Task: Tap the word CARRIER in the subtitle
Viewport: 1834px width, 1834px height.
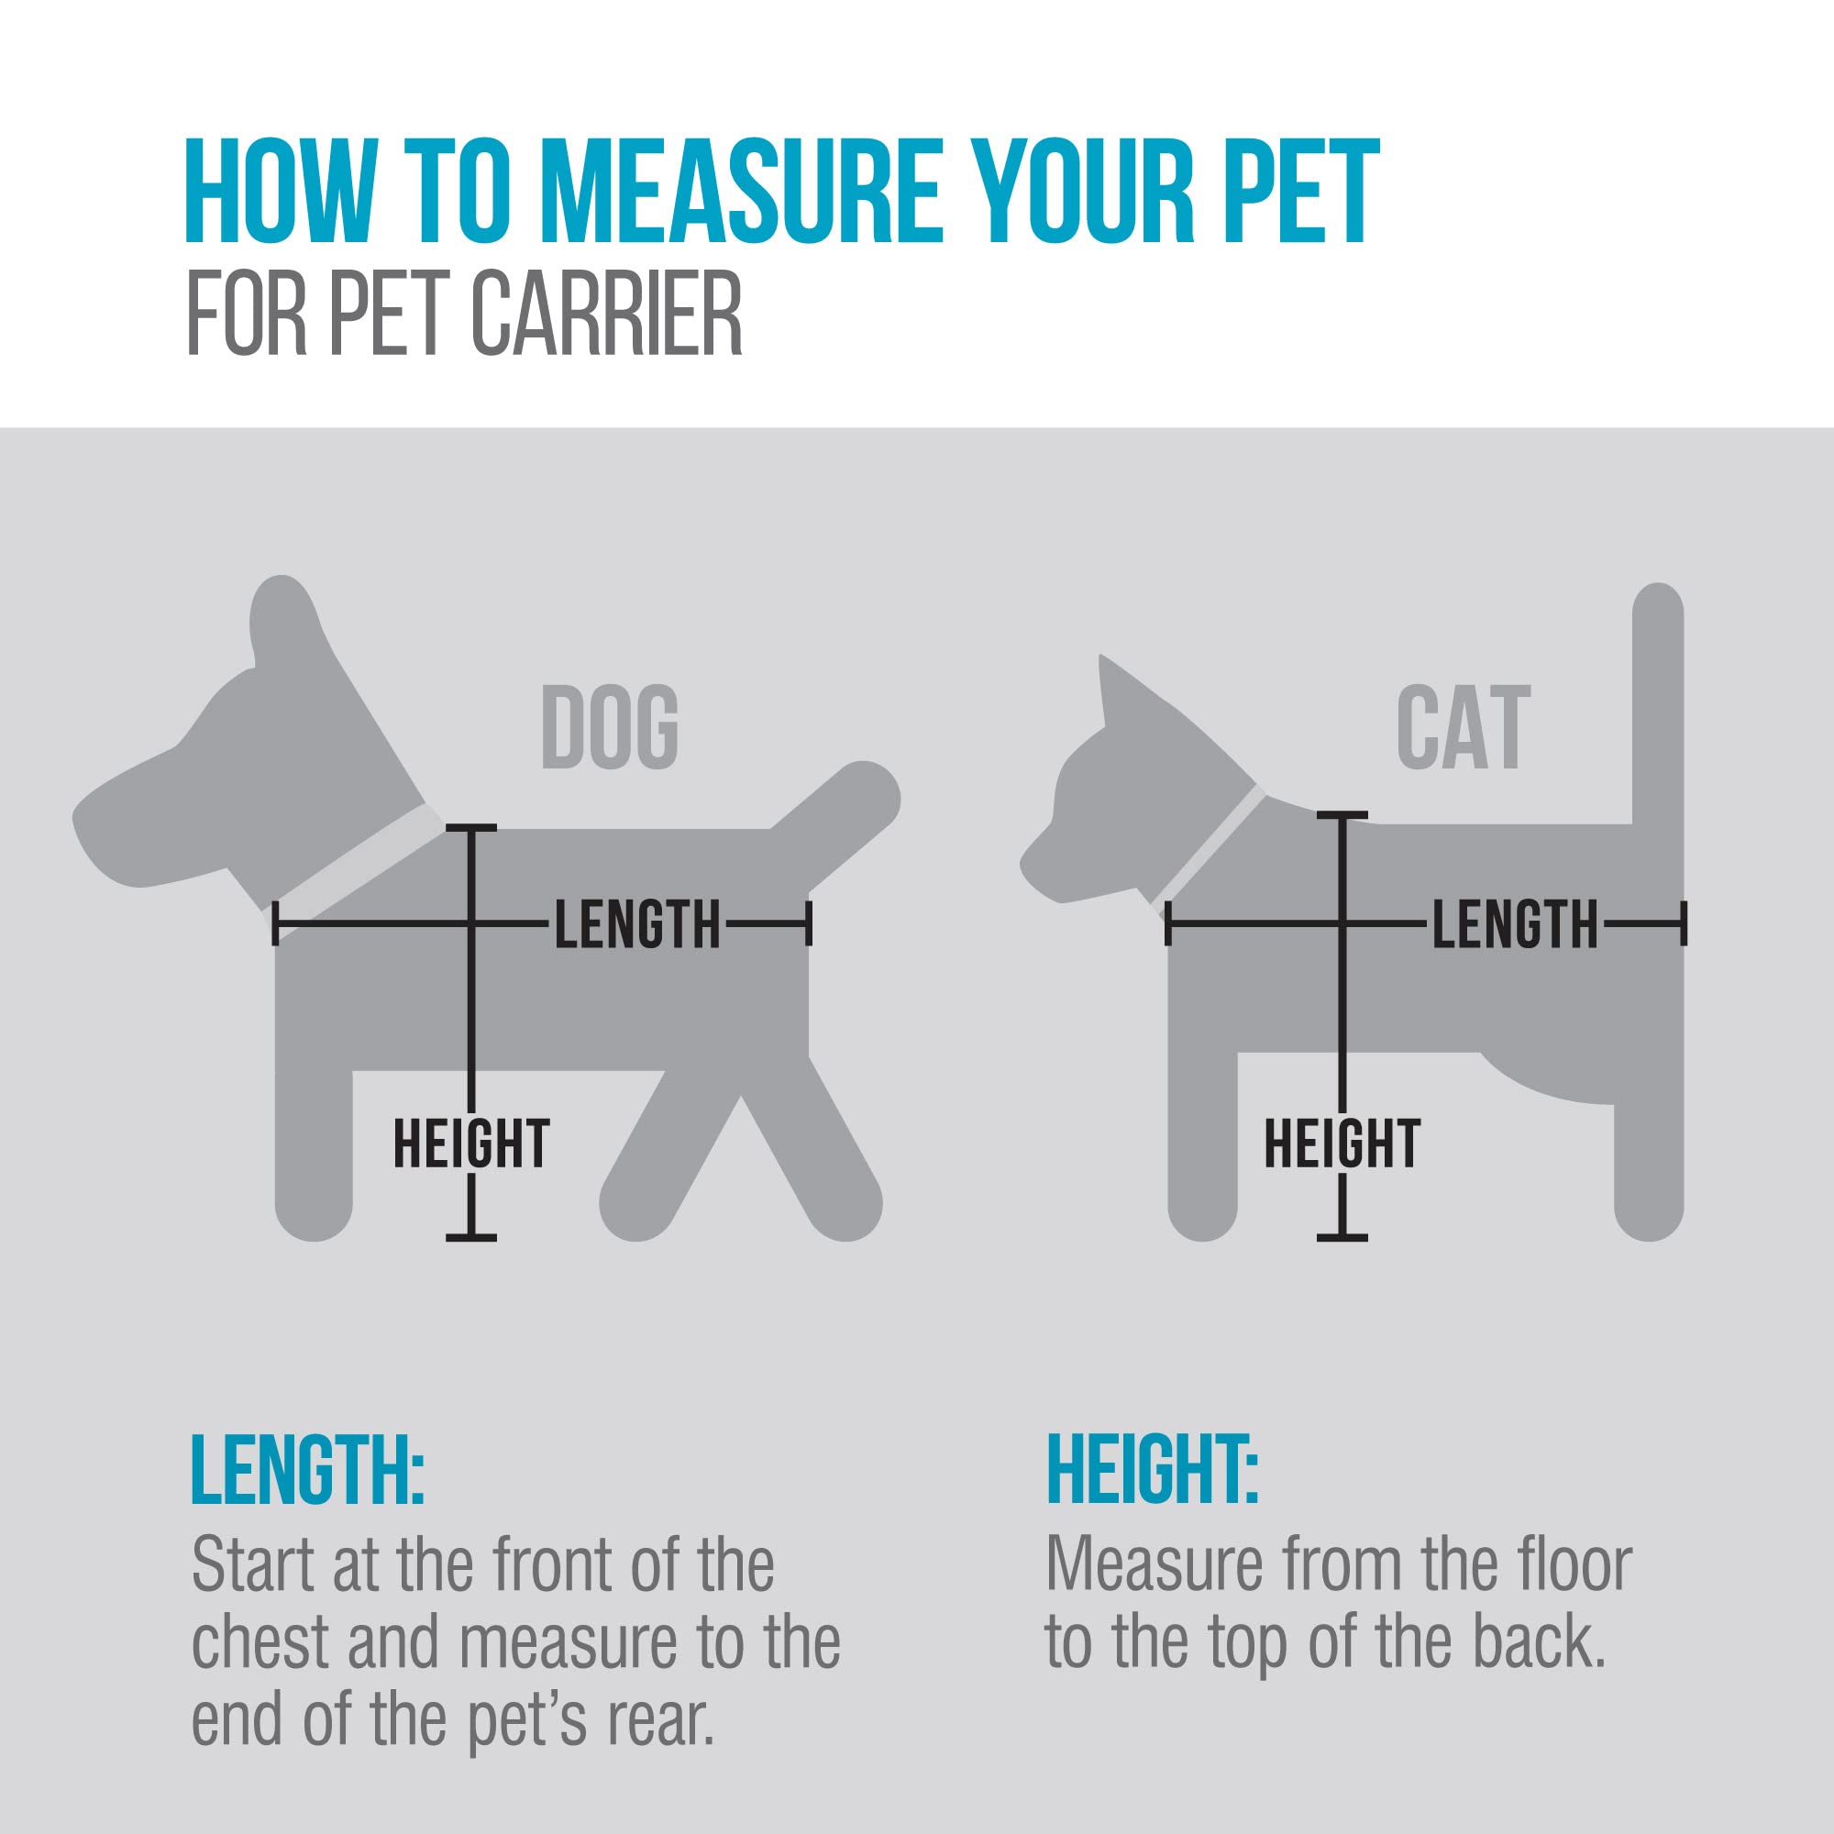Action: [605, 315]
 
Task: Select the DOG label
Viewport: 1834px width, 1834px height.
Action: [610, 728]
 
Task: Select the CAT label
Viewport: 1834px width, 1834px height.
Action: [1463, 728]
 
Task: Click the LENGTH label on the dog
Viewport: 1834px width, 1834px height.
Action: [638, 924]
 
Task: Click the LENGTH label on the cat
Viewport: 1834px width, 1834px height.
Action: [1515, 924]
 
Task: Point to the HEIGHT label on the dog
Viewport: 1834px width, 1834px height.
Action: [470, 1143]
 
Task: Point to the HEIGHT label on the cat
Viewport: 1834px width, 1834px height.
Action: [1342, 1143]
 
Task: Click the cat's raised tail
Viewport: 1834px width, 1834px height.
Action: [1657, 702]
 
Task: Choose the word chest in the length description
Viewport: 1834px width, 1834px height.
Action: [260, 1643]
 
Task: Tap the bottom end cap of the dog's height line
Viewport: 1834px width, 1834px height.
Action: [470, 1238]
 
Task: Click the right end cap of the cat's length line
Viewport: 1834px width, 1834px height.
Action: [1683, 923]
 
